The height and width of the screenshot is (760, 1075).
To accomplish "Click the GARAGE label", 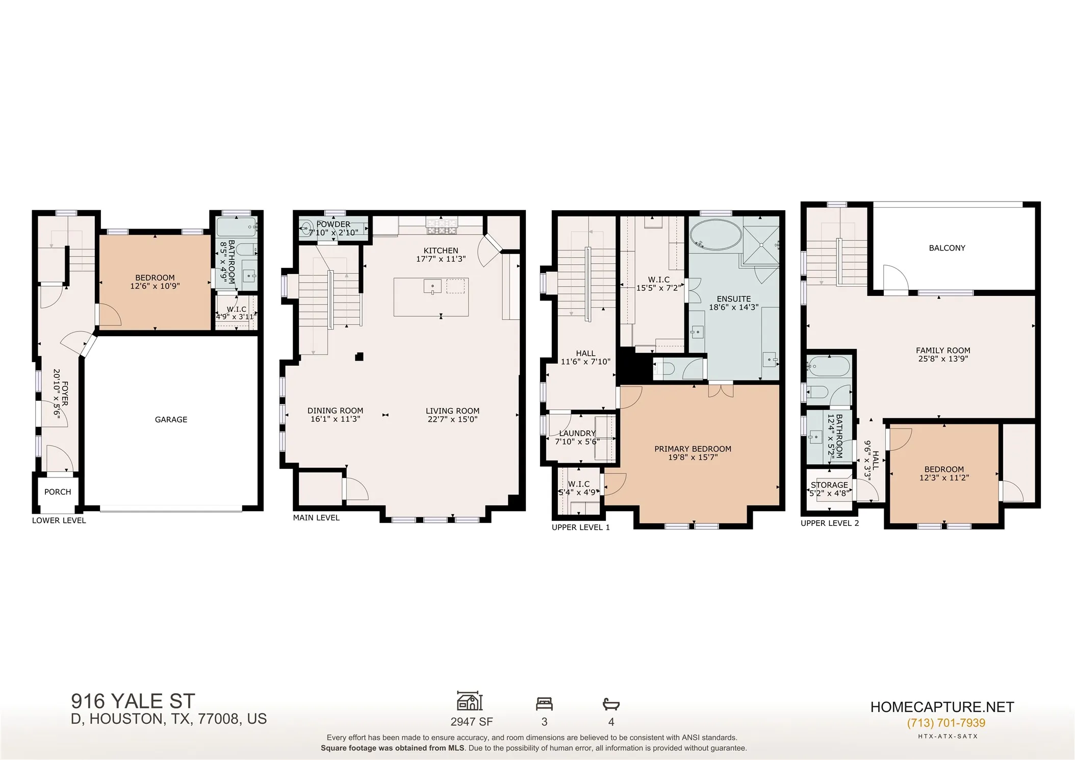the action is [x=171, y=419].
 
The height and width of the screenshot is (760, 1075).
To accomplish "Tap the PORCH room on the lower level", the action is [x=58, y=494].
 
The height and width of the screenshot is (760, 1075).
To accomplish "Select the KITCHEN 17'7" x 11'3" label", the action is [x=441, y=255].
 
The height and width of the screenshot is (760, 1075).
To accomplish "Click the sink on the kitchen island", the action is [x=432, y=286].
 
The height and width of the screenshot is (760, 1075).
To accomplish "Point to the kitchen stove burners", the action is [x=442, y=226].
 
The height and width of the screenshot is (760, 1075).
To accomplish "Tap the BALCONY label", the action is [x=947, y=248].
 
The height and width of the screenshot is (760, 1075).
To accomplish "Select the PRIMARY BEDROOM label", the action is [x=693, y=449].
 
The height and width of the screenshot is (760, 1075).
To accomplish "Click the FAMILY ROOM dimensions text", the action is [x=943, y=359].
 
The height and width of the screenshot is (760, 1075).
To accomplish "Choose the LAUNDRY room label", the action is [x=577, y=433].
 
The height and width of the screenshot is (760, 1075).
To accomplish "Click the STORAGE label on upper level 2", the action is [x=829, y=485].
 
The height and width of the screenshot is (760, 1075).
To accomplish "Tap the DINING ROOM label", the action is [x=335, y=411].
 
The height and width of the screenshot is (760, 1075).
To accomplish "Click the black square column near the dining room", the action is [x=359, y=357].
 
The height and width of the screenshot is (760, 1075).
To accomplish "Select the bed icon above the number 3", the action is [x=544, y=704].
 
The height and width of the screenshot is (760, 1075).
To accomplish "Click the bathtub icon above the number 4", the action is [x=611, y=704].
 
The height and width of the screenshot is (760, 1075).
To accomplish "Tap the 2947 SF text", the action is [x=472, y=722].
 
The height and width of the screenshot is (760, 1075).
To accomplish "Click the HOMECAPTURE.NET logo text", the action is [x=942, y=707].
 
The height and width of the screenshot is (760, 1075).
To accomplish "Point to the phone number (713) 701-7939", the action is [x=946, y=723].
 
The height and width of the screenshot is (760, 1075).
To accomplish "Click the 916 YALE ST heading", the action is [x=133, y=701].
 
